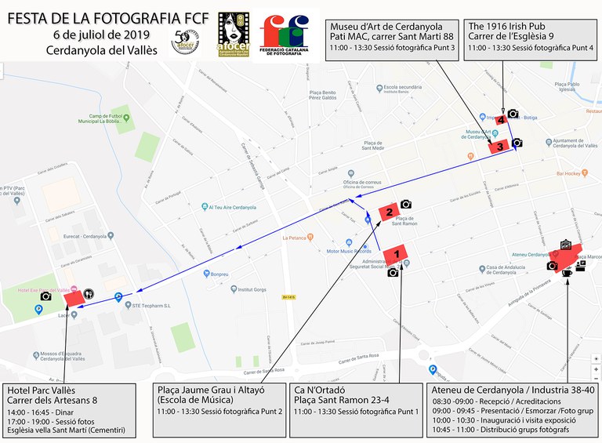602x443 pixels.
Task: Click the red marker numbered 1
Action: point(398,254)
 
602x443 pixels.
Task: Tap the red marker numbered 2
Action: point(388,211)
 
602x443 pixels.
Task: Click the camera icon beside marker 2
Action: point(406,204)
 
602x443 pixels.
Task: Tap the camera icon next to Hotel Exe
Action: point(46,296)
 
